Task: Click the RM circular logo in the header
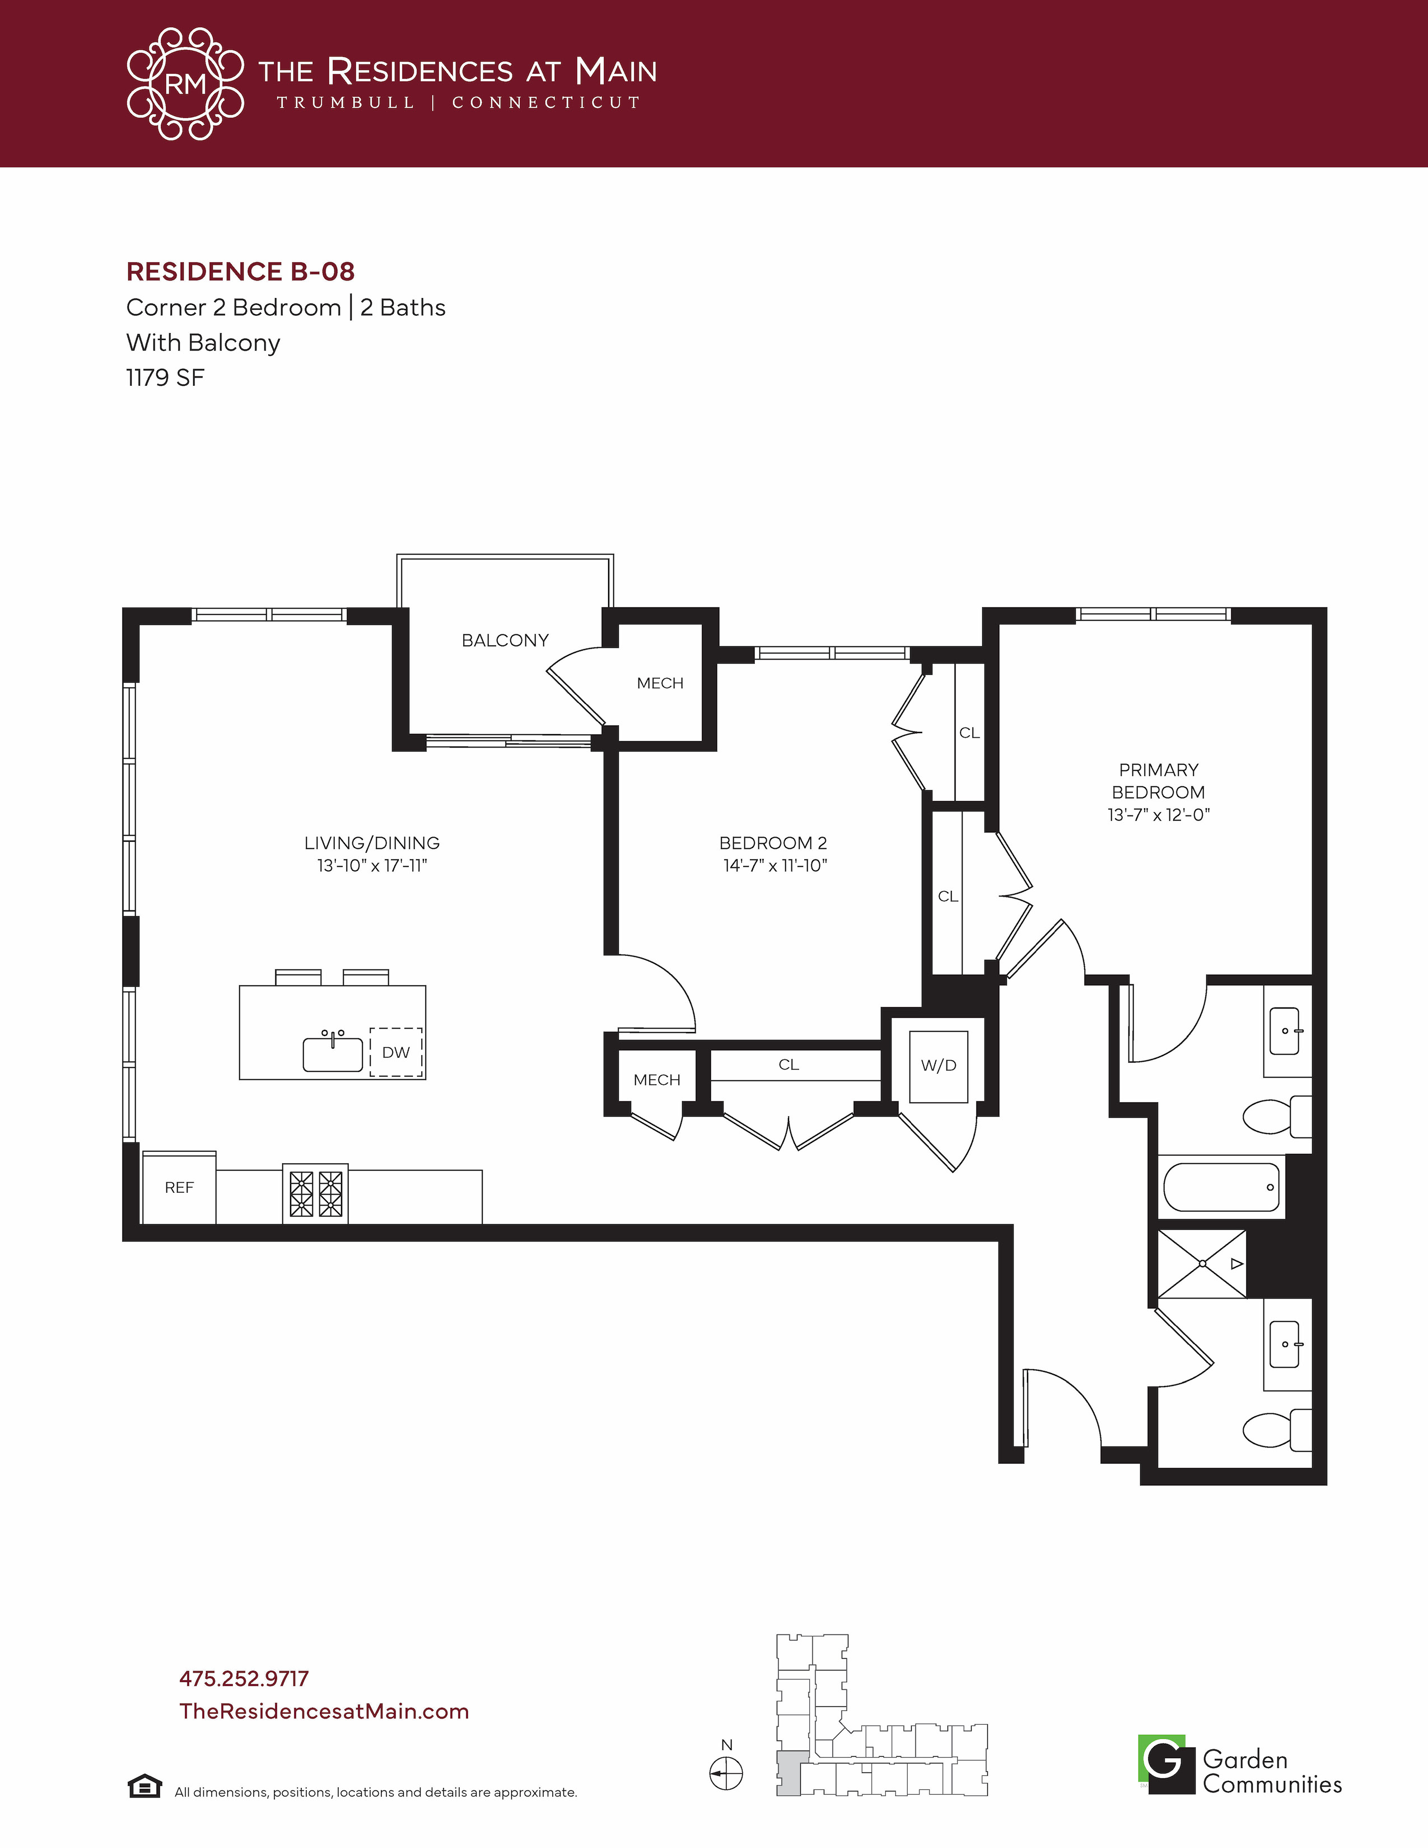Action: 185,84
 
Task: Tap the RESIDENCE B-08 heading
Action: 240,272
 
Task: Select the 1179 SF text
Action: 165,377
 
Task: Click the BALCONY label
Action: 505,641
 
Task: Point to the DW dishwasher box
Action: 396,1052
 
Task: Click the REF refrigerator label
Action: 179,1188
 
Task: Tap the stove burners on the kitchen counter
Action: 315,1193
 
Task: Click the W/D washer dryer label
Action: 939,1065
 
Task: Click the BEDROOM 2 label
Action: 773,843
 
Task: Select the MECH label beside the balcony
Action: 660,683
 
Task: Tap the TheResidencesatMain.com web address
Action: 324,1711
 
